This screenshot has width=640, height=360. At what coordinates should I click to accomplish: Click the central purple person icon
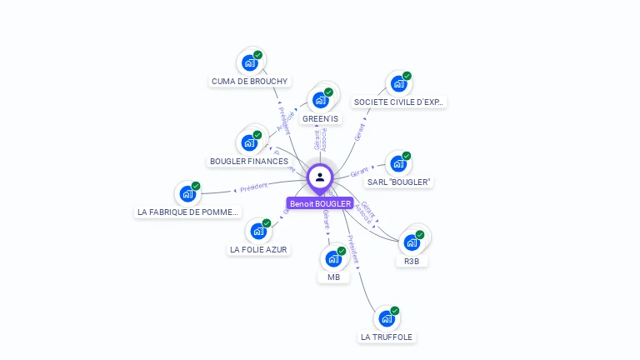coord(320,177)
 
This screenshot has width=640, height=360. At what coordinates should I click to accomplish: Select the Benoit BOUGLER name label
coord(320,203)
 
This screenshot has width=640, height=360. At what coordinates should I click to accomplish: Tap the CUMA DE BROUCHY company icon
coord(249,62)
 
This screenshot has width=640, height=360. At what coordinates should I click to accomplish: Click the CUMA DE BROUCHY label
coord(250,82)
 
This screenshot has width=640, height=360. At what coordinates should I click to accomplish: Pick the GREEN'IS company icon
coord(320,100)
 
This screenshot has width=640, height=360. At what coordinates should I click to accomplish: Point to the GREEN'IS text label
coord(320,119)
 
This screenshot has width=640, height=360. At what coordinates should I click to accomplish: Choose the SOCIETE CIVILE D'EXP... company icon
coord(398,83)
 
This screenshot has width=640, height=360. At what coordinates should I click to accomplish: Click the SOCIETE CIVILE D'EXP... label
coord(399,102)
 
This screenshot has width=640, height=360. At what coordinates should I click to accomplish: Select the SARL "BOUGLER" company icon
coord(398,163)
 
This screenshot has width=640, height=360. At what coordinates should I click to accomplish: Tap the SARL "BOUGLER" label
coord(400,182)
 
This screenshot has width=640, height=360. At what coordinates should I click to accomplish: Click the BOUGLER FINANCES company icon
coord(249,142)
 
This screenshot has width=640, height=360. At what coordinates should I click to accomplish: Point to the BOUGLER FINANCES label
coord(249,161)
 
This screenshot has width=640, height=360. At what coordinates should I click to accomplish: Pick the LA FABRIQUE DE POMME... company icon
coord(187,193)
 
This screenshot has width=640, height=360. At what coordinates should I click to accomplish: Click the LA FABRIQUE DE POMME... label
coord(188,212)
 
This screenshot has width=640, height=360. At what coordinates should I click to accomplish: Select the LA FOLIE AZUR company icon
coord(258,231)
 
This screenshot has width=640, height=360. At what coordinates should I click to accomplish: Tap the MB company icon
coord(333,258)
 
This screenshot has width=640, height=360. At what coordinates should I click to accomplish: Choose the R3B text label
coord(412,262)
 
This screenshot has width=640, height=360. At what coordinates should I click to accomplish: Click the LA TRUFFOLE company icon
coord(386,318)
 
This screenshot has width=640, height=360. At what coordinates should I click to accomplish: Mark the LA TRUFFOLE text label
coord(387,337)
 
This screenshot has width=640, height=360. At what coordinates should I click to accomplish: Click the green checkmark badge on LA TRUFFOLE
coord(395,311)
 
